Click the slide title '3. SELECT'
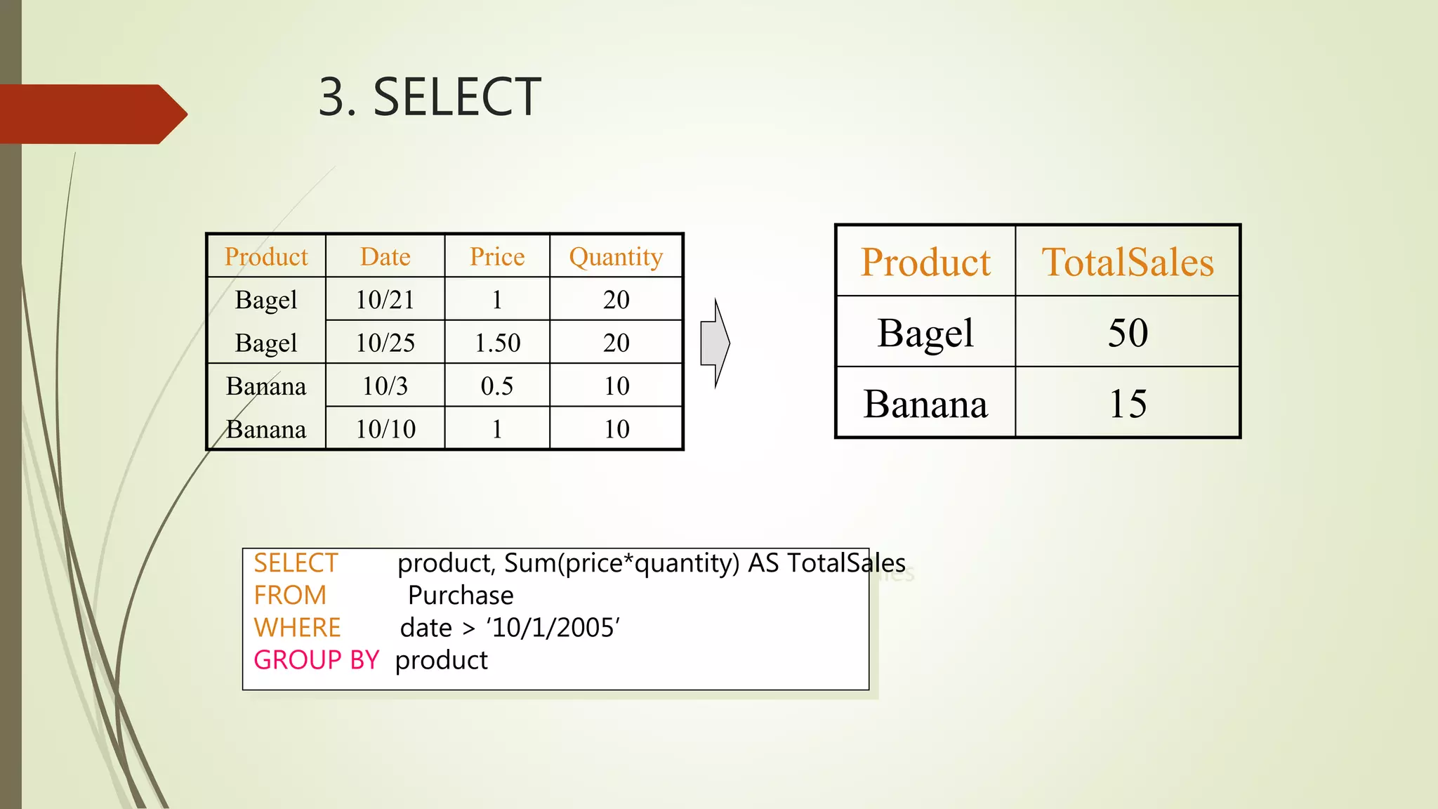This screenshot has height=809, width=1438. [429, 97]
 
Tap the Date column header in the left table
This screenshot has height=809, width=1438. [385, 256]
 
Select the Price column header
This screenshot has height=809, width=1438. [497, 256]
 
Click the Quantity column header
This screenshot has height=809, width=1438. [616, 257]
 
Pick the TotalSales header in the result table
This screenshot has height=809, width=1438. [1128, 262]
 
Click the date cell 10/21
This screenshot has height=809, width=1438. [385, 300]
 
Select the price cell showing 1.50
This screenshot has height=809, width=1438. [497, 343]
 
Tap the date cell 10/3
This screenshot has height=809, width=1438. [385, 386]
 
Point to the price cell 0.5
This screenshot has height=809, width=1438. [497, 386]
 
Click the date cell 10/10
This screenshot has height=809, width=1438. [385, 429]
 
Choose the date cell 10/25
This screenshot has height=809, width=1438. [385, 343]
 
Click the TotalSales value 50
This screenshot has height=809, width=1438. [1128, 332]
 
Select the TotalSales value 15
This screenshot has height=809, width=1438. [1128, 404]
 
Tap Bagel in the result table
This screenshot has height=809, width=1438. [925, 333]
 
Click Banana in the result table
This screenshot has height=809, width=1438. [925, 404]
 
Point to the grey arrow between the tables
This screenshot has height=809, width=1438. [715, 343]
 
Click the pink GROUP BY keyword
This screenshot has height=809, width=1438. [316, 660]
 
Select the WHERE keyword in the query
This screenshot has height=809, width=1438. [297, 628]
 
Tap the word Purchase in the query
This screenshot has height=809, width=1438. [461, 596]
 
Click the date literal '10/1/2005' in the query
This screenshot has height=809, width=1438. [553, 628]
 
